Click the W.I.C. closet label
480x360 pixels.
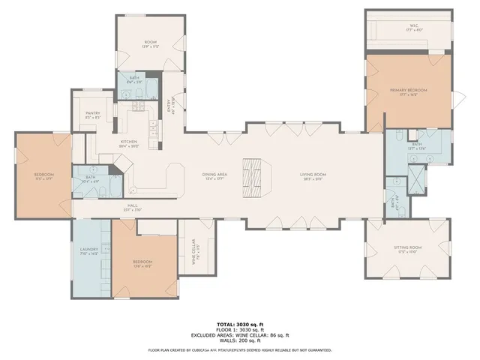click(409, 28)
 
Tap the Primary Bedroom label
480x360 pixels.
click(408, 91)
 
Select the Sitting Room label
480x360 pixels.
click(408, 248)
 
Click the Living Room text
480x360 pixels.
click(313, 175)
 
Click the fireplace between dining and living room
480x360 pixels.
click(254, 174)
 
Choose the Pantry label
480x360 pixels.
click(93, 115)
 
